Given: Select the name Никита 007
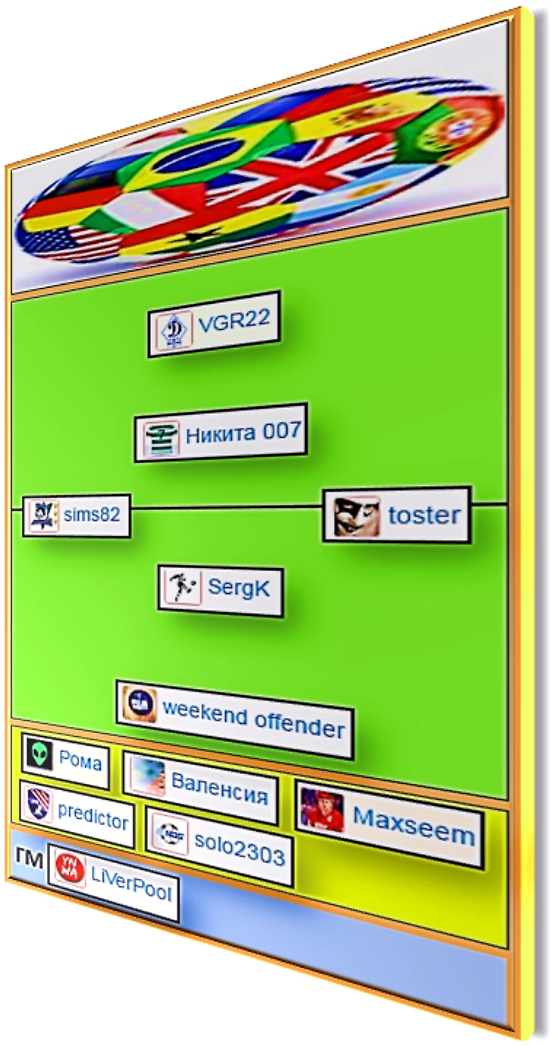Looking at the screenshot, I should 244,433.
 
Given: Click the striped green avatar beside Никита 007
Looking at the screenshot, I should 161,438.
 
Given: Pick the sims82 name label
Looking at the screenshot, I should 92,515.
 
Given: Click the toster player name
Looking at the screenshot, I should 423,516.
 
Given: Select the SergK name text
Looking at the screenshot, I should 238,587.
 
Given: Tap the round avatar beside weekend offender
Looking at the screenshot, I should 139,704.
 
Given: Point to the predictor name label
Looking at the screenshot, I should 93,819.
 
